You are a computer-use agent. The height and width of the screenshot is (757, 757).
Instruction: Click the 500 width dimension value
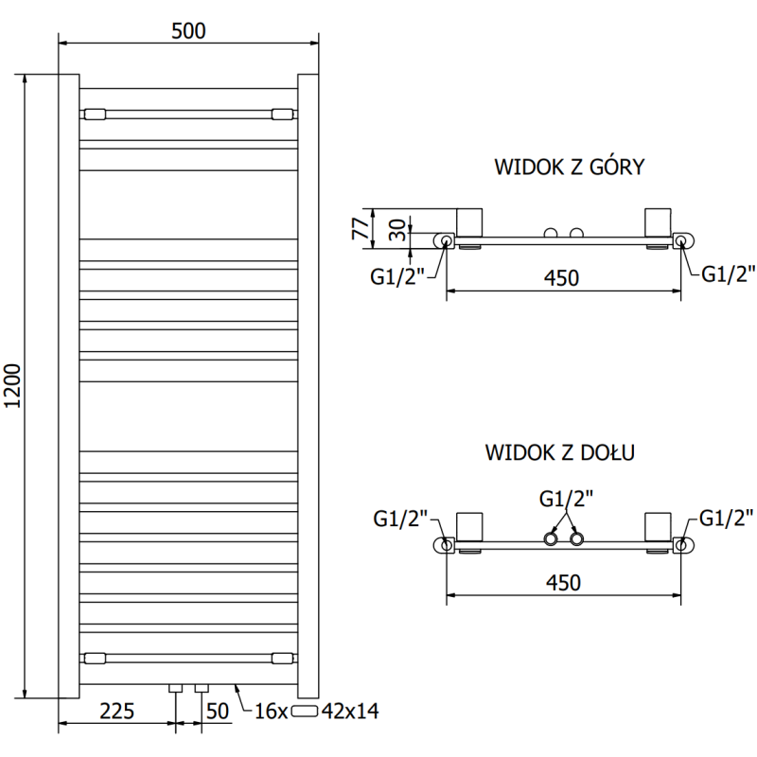click(x=189, y=30)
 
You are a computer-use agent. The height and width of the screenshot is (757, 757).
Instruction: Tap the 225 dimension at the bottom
click(x=117, y=710)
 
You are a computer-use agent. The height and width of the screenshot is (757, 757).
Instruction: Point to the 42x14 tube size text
click(x=350, y=711)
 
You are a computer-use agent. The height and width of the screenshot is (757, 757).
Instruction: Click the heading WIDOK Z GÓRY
click(x=570, y=167)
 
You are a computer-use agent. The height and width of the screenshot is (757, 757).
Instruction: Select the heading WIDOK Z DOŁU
click(x=560, y=452)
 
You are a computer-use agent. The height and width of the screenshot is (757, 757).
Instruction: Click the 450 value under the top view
click(x=562, y=277)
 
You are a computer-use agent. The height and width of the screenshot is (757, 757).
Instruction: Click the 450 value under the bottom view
click(x=562, y=582)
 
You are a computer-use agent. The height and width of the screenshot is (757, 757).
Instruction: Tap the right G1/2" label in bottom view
click(x=726, y=518)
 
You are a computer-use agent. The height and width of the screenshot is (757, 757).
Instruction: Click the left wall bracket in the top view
click(x=469, y=223)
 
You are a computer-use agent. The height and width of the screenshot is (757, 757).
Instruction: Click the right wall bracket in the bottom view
click(x=657, y=528)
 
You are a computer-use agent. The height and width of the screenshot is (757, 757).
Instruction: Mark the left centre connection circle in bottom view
click(x=551, y=539)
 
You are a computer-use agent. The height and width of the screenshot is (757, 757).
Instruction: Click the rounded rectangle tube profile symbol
click(x=307, y=711)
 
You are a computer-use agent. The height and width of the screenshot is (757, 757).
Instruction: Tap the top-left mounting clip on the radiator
click(x=96, y=114)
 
